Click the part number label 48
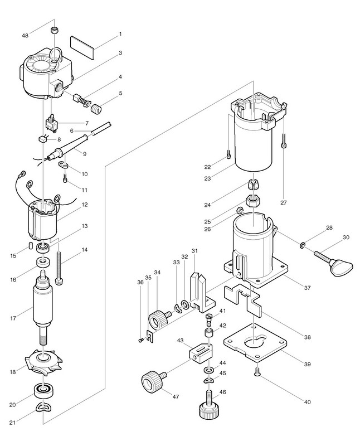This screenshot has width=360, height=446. (25, 36)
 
